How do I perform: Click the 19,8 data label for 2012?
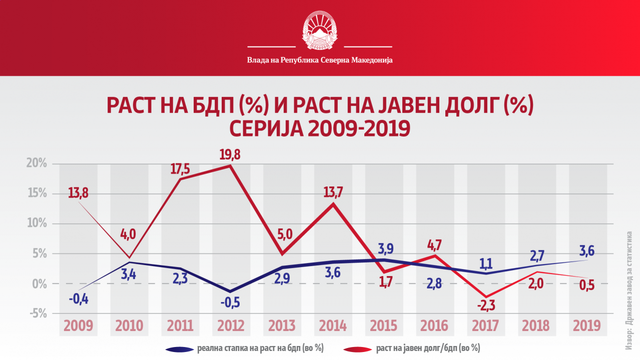pos(230,154)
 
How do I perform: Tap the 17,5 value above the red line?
pos(180,168)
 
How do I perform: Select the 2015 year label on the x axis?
pos(384,326)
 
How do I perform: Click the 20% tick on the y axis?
pos(37,164)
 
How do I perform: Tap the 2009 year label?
pos(79,326)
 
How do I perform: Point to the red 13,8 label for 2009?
pos(78,193)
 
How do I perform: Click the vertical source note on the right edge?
pos(629,290)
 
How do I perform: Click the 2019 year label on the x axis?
pos(586,326)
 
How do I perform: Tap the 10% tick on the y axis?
pos(37,224)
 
